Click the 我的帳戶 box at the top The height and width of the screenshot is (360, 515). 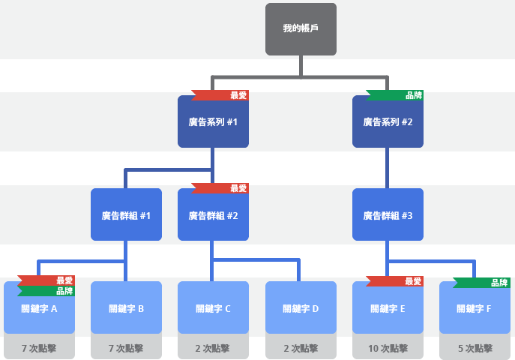tap(301, 29)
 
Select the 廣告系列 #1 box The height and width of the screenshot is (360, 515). tap(213, 122)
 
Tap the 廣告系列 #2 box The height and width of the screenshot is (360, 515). tap(388, 122)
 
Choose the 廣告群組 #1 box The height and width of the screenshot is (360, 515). tap(126, 215)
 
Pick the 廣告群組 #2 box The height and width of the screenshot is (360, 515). tap(213, 215)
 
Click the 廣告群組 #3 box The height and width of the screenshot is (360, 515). tap(388, 215)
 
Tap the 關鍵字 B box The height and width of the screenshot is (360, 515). tap(126, 308)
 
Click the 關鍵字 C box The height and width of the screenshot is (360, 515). tap(213, 308)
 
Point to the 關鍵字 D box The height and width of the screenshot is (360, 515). tap(301, 308)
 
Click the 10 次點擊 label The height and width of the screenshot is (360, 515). tap(388, 349)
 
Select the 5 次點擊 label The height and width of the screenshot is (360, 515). tap(475, 349)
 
